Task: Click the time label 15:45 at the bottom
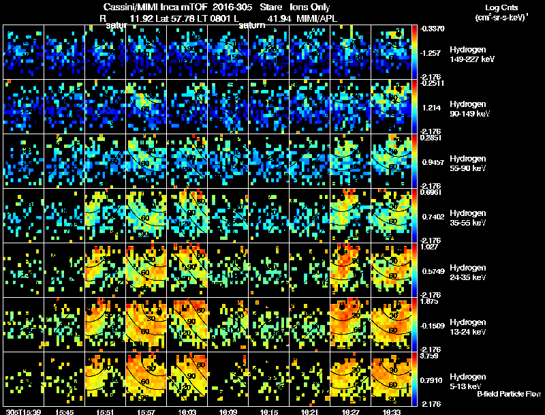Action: [65, 411]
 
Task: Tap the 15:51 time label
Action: [106, 411]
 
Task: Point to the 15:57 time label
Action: [146, 411]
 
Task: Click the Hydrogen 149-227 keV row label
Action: [471, 55]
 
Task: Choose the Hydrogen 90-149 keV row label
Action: [471, 109]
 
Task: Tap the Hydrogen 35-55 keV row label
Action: [471, 217]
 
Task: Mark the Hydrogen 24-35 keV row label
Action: [471, 273]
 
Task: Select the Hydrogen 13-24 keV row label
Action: [471, 326]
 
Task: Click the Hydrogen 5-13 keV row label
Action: [471, 381]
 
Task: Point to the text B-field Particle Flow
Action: [509, 394]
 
